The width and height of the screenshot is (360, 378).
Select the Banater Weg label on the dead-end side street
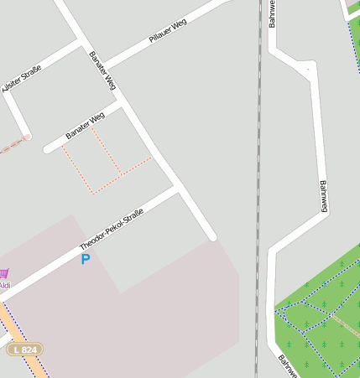[85, 125]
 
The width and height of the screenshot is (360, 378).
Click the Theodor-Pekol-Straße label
[111, 229]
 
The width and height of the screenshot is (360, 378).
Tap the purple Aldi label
[5, 285]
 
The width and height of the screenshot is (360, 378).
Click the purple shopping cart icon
[4, 273]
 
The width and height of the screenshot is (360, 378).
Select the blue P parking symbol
[85, 260]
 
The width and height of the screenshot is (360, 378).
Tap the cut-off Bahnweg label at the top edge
[273, 13]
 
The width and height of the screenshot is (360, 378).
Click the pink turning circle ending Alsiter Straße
[27, 137]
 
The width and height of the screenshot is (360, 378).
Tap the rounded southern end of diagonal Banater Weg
[211, 236]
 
